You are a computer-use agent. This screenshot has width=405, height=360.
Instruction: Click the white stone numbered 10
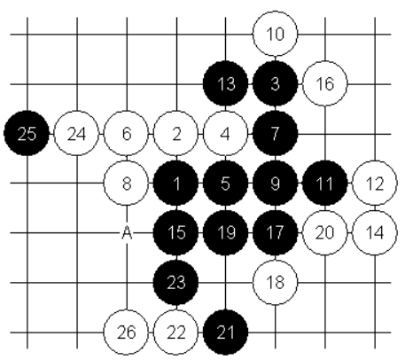[276, 34]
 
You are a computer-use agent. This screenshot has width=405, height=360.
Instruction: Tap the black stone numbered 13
[226, 83]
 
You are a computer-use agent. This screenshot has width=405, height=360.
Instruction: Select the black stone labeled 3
[276, 83]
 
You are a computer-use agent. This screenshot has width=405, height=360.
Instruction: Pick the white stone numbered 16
[325, 83]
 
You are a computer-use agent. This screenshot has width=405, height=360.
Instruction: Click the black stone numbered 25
[27, 133]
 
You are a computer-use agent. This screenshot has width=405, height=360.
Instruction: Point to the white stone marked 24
[76, 133]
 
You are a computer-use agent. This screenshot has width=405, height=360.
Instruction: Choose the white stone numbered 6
[127, 133]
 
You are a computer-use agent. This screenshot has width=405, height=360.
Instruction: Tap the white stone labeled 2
[176, 133]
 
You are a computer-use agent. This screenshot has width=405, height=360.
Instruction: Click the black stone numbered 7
[276, 133]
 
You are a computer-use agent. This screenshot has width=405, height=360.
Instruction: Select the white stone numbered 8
[127, 184]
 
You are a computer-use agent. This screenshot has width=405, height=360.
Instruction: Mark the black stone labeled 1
[176, 184]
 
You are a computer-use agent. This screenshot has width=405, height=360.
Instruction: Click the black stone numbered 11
[325, 184]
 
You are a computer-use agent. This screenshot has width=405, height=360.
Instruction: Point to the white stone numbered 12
[375, 184]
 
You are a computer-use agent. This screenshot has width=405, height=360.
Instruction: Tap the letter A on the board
[127, 233]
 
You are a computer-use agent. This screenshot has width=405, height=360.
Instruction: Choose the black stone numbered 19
[226, 233]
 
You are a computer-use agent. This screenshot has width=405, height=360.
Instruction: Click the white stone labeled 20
[325, 233]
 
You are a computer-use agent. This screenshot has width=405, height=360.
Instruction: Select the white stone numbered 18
[276, 283]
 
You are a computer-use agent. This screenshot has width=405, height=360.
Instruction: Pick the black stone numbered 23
[176, 283]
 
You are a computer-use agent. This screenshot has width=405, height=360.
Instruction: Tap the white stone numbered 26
[127, 333]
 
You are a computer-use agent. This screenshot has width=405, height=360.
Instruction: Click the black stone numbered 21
[226, 333]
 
